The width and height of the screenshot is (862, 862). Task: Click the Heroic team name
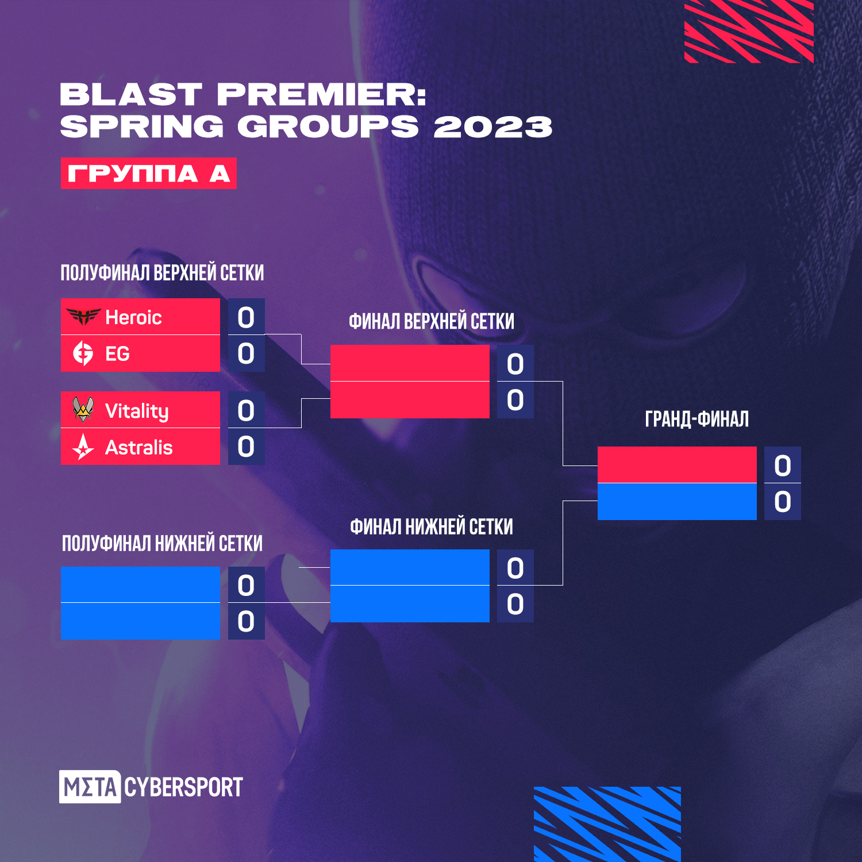point(133,317)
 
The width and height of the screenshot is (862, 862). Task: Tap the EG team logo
point(83,353)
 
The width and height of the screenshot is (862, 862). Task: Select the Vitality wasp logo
point(83,409)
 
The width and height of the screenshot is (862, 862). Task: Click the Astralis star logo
point(83,447)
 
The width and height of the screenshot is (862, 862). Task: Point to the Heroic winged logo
point(83,316)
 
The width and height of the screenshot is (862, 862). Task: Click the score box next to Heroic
point(246,317)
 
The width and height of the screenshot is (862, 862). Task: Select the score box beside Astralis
point(246,447)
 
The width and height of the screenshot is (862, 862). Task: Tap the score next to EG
point(246,353)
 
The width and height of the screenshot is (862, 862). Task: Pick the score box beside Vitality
point(246,410)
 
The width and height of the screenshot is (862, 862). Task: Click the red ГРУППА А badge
point(148,173)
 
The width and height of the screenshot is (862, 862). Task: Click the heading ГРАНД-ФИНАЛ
point(696,419)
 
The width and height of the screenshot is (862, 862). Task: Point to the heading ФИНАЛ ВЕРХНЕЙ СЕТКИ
point(431,321)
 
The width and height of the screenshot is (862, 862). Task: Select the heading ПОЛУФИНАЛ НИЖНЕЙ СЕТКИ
point(162,543)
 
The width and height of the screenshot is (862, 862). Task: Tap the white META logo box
point(90,787)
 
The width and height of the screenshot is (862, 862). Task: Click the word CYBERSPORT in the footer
point(183,787)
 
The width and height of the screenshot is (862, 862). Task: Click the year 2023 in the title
point(492,126)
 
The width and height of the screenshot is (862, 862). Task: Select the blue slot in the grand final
point(677,502)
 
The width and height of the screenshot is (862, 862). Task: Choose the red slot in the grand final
point(677,465)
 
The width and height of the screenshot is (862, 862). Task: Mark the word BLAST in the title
point(130,94)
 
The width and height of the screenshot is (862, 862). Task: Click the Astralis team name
point(138,447)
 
